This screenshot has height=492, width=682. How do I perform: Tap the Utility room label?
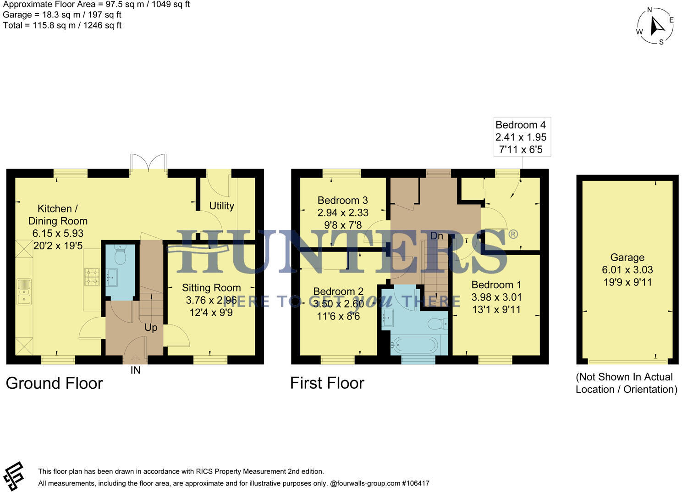pyautogui.click(x=221, y=206)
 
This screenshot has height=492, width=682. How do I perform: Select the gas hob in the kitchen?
pyautogui.click(x=92, y=277)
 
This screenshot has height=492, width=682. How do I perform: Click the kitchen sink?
pyautogui.click(x=24, y=292)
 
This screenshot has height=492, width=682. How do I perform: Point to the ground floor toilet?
pyautogui.click(x=120, y=255)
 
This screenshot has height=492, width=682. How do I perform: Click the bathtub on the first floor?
pyautogui.click(x=414, y=346)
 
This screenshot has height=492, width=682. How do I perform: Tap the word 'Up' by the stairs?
pyautogui.click(x=151, y=328)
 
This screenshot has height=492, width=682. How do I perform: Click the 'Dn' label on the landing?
pyautogui.click(x=437, y=236)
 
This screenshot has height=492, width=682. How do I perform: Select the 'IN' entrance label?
pyautogui.click(x=136, y=370)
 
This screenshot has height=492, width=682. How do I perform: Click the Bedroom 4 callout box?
pyautogui.click(x=522, y=137)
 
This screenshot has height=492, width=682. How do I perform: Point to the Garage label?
pyautogui.click(x=627, y=257)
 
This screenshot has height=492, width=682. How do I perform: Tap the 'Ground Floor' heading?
pyautogui.click(x=54, y=383)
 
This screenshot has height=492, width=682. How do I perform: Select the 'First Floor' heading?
pyautogui.click(x=327, y=383)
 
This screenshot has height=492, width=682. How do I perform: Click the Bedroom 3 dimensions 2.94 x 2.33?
pyautogui.click(x=343, y=212)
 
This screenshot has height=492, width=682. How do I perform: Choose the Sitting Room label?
pyautogui.click(x=211, y=288)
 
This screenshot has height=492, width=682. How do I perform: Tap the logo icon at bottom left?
pyautogui.click(x=13, y=476)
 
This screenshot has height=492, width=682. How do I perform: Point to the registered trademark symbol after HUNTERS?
pyautogui.click(x=513, y=234)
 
